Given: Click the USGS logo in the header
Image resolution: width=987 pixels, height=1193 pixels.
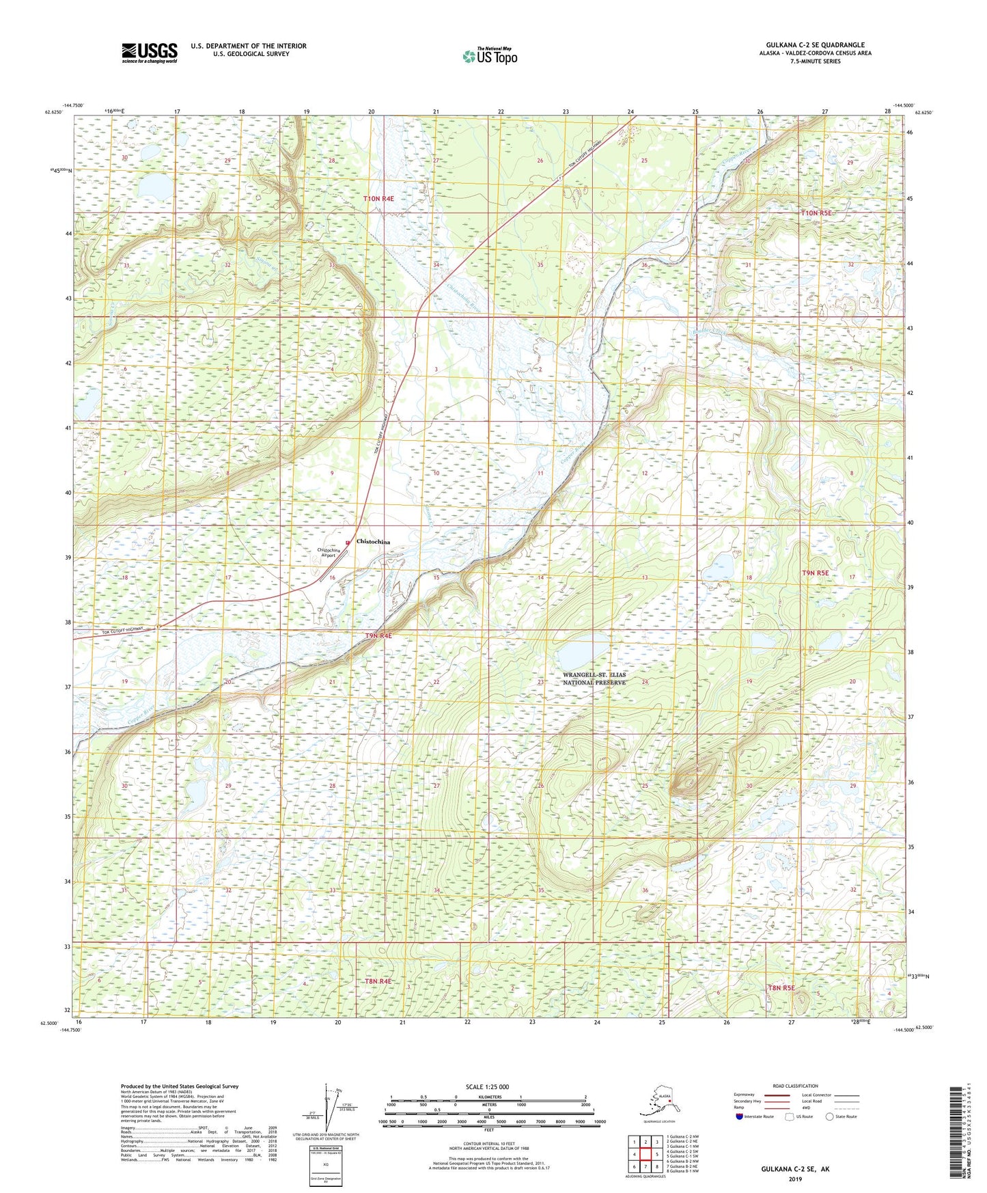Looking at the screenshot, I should (x=149, y=53).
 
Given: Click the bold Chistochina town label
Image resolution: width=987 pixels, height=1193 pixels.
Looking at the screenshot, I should (x=374, y=542).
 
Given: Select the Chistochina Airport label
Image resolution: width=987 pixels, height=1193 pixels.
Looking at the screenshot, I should (x=329, y=553).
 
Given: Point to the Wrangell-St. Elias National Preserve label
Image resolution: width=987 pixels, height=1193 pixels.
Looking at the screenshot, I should (x=594, y=678).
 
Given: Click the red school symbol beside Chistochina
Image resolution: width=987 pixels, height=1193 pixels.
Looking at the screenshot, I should (x=348, y=543).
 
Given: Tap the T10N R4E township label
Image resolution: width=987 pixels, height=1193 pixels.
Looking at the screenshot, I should (x=378, y=199).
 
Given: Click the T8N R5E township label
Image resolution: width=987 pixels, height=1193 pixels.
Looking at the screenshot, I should (x=781, y=988).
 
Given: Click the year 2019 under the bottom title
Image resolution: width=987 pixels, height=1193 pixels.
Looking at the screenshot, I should (x=795, y=1179).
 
